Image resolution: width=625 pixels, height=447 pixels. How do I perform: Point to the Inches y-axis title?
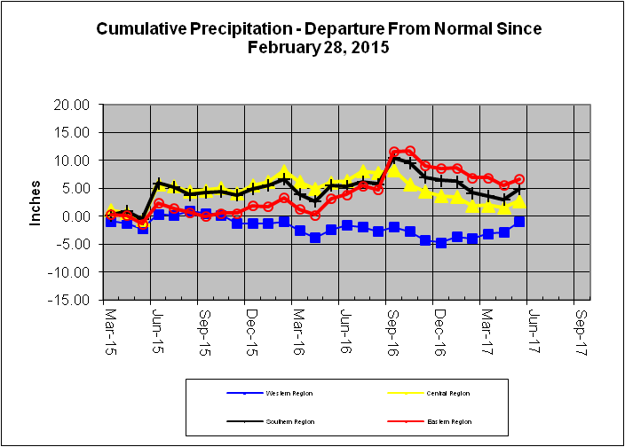[36, 203]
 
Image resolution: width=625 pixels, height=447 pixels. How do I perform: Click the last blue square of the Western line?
[519, 221]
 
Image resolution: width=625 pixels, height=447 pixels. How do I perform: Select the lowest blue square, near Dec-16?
[441, 242]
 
